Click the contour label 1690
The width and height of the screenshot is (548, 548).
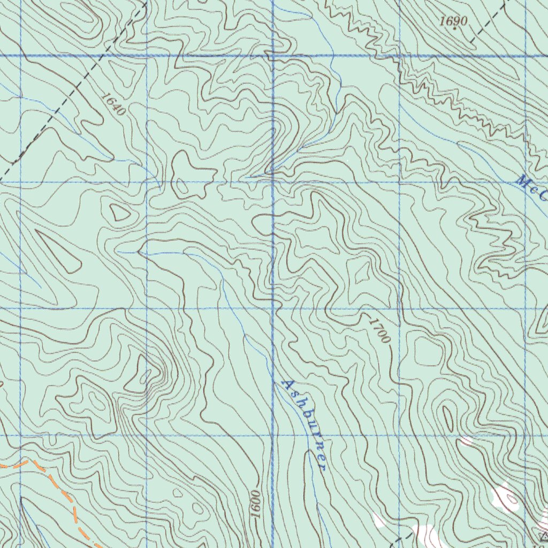(x=454, y=21)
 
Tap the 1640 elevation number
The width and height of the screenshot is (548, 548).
(x=113, y=104)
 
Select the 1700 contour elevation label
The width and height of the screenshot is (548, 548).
(x=379, y=330)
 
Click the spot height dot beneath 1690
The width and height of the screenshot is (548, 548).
(x=454, y=28)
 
